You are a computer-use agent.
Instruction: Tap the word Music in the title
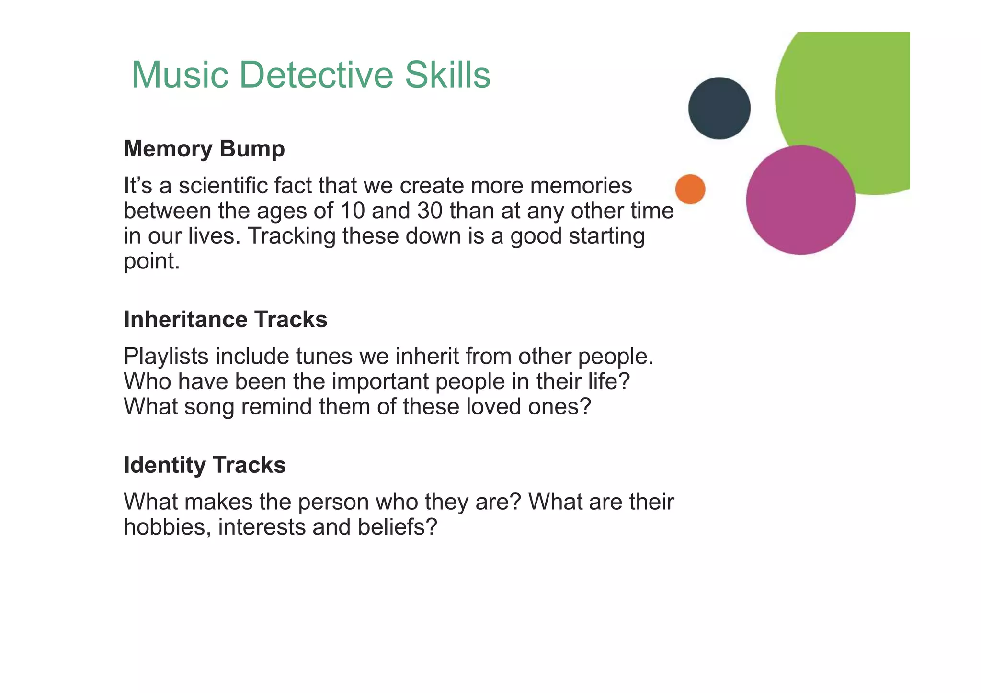click(180, 75)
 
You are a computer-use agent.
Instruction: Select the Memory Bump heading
click(204, 149)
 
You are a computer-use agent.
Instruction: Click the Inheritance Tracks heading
click(225, 319)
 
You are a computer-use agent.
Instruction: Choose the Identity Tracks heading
click(205, 465)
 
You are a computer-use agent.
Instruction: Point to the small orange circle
click(690, 189)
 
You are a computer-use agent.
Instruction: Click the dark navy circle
click(719, 108)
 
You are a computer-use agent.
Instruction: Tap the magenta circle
click(800, 200)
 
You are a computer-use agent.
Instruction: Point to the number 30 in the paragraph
click(430, 211)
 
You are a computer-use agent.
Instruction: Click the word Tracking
click(291, 236)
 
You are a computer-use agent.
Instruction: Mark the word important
click(380, 381)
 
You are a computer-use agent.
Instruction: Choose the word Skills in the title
click(447, 75)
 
